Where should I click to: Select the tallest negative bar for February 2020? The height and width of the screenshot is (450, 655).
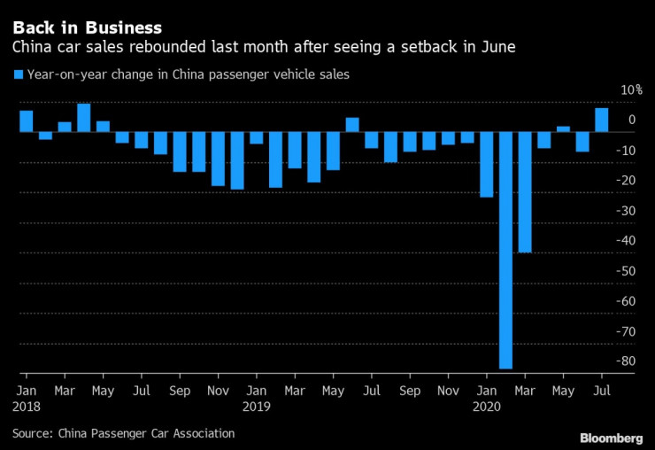pos(506,250)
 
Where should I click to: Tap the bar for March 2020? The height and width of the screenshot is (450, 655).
pos(525,191)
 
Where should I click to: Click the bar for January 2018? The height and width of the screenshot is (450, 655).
pos(27,121)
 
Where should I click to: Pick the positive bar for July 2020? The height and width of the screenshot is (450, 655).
pos(602,120)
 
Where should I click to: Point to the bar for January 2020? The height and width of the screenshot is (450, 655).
pos(487,164)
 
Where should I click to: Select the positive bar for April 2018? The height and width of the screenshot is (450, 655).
pos(84,118)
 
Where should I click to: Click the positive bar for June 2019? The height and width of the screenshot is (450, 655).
pos(352,125)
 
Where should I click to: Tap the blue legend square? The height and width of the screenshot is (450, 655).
pos(18,75)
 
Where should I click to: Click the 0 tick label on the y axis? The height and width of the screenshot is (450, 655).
pos(631,120)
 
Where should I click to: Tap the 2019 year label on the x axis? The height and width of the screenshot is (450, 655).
pos(257,407)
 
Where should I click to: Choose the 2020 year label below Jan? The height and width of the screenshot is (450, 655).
pos(488,407)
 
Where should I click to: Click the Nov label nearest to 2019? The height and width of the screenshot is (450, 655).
pos(218,390)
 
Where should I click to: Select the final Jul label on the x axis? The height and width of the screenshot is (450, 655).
pos(602,390)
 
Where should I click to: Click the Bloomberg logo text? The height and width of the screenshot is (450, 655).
pos(612,438)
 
